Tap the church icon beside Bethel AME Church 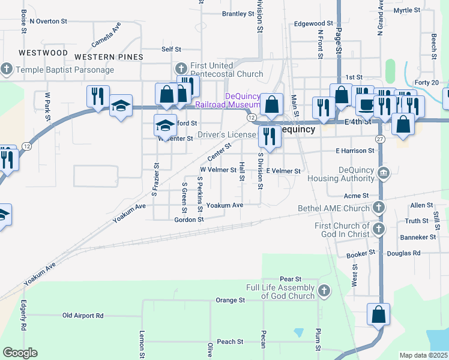pyautogui.click(x=378, y=208)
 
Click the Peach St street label pyautogui.click(x=230, y=341)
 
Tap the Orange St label pyautogui.click(x=231, y=299)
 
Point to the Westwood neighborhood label pyautogui.click(x=43, y=53)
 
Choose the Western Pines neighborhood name pyautogui.click(x=109, y=57)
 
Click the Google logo pyautogui.click(x=20, y=353)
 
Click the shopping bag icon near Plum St pyautogui.click(x=379, y=314)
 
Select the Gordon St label pyautogui.click(x=189, y=220)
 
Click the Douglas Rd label pyautogui.click(x=404, y=253)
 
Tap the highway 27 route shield pyautogui.click(x=380, y=139)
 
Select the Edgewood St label pyautogui.click(x=313, y=24)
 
